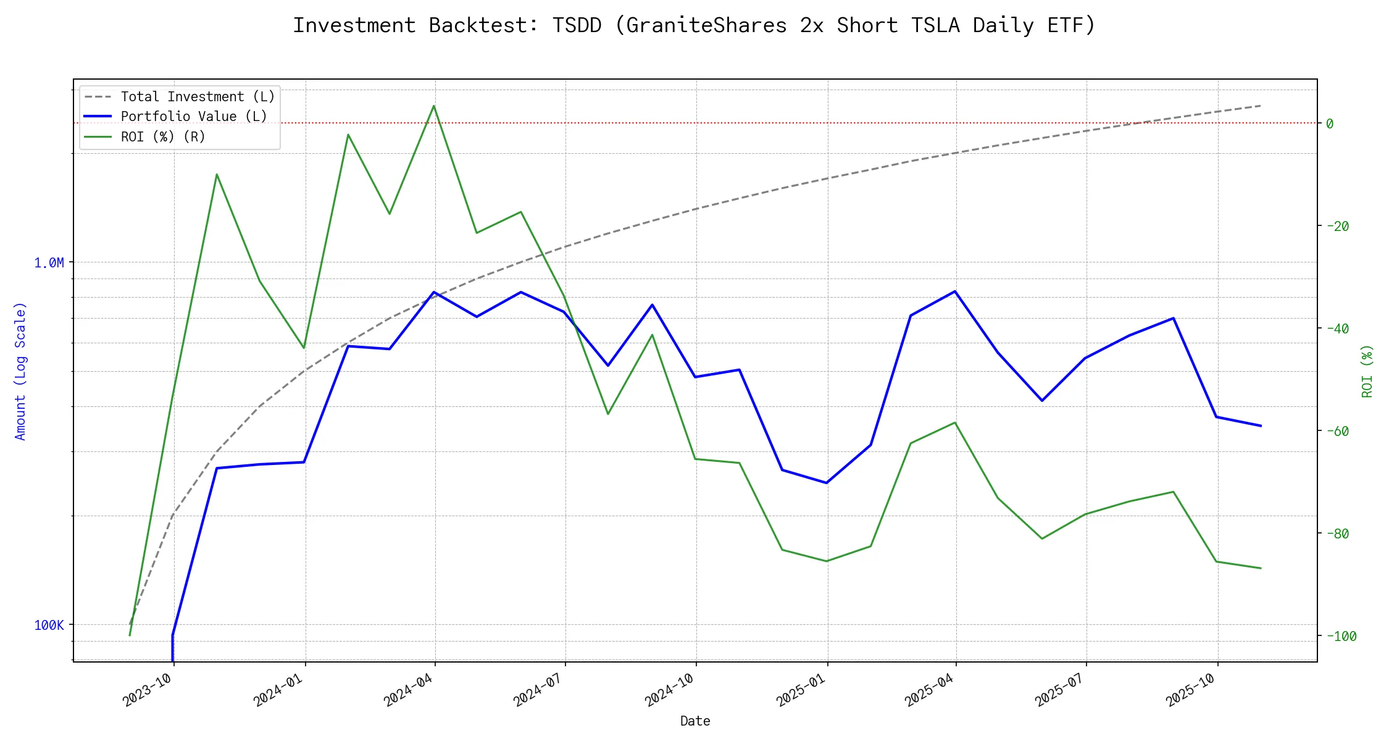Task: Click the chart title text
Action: coord(694,25)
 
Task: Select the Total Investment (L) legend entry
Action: coord(198,97)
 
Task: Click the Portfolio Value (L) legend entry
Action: coord(194,117)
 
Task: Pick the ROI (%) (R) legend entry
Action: coord(163,136)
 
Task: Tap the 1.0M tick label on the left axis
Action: coord(49,263)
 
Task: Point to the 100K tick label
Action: coord(49,626)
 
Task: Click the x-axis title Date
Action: coord(695,721)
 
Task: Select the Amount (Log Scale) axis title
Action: coord(21,371)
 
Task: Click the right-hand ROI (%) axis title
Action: coord(1367,371)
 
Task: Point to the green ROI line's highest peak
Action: coord(434,106)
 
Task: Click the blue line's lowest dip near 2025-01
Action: coord(827,483)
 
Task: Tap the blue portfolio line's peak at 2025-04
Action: coord(956,291)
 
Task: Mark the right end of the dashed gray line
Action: coord(1261,106)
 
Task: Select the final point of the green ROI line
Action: coord(1261,568)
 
